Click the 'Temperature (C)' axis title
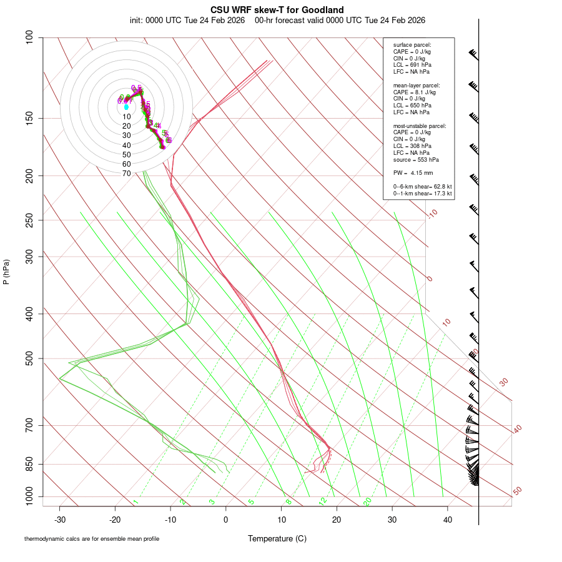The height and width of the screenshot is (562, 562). (x=277, y=538)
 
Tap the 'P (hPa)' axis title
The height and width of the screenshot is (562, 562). (x=6, y=272)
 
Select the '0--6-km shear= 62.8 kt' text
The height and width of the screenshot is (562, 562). (x=422, y=187)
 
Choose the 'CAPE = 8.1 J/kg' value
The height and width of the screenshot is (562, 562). (x=414, y=92)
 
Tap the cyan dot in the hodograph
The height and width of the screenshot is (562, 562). (x=126, y=107)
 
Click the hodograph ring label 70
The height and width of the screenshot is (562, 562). (x=126, y=173)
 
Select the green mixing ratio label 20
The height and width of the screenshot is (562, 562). (x=368, y=501)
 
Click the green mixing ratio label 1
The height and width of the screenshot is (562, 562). (x=136, y=501)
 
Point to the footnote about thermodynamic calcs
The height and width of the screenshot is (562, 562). (x=92, y=539)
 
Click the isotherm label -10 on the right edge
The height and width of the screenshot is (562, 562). (x=432, y=214)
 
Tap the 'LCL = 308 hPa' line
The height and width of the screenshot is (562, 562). (x=412, y=146)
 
